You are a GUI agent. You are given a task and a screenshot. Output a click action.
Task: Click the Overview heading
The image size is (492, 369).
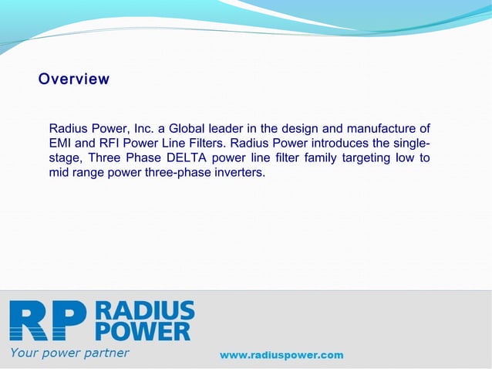[74, 79]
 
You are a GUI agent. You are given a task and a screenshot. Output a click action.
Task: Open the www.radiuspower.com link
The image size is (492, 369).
[281, 355]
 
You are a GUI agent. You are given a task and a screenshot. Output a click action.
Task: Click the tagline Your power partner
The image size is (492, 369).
[69, 354]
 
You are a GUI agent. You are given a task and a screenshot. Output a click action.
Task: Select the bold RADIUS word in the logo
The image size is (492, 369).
[145, 310]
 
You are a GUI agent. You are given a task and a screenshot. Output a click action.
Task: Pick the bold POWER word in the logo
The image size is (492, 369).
[144, 331]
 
